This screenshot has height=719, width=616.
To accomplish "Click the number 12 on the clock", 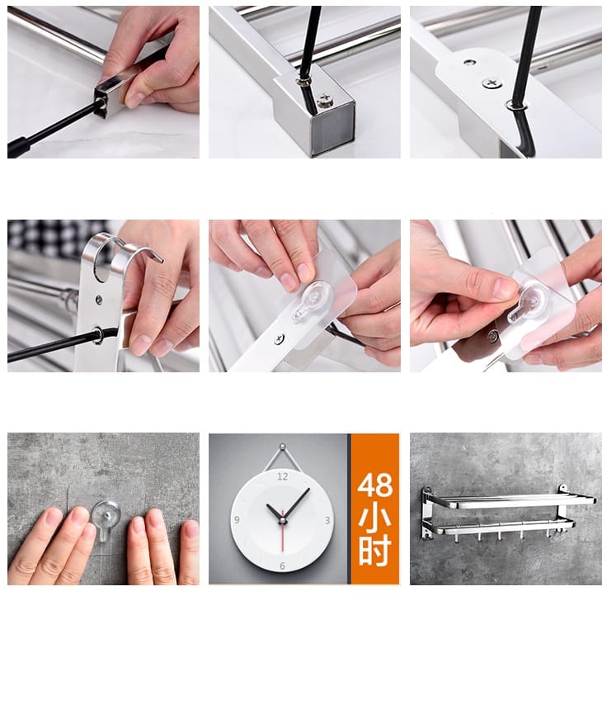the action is coord(283,476).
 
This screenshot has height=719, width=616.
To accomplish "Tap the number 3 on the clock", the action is coord(327,520).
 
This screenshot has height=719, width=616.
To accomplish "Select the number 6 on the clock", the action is coord(282,565).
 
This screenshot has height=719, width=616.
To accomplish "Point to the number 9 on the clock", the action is coord(237,519).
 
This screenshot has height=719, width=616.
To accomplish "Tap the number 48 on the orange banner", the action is coord(375,485).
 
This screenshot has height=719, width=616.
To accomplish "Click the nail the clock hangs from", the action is coord(283,446).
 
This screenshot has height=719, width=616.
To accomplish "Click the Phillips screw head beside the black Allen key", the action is coord(325,100).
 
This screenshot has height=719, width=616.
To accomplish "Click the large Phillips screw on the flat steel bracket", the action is coord(491,83).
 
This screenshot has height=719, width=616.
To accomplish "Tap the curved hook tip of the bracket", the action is coord(158,258).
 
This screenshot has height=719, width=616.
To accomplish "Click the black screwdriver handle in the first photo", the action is coord(18,147).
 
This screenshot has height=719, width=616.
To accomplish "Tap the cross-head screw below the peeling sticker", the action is coord(279,339).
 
